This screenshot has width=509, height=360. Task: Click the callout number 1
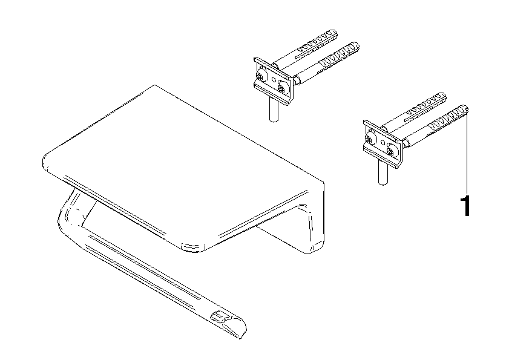(x=466, y=206)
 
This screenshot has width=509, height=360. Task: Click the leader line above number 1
(x=467, y=151)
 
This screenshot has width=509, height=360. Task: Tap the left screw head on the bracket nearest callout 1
(x=369, y=140)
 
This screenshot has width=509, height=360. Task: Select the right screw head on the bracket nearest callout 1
(x=392, y=151)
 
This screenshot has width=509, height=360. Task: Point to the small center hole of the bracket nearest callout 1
(x=383, y=143)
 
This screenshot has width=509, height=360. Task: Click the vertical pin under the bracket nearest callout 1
(x=383, y=172)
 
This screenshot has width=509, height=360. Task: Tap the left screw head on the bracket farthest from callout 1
(x=260, y=77)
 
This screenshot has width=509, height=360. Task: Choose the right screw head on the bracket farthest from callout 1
(x=283, y=88)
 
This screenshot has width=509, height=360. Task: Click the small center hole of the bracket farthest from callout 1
(x=274, y=79)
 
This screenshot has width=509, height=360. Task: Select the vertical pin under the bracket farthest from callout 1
(x=274, y=109)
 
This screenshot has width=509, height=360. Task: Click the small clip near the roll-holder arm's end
(x=218, y=315)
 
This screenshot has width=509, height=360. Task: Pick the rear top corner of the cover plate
(x=155, y=85)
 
